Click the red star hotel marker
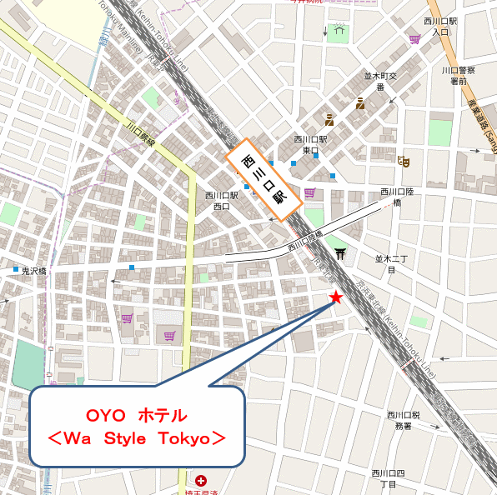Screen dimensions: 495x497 coord(336,297)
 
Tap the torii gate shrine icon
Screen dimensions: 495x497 coord(339,252)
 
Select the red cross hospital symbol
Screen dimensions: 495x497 coord(201,481)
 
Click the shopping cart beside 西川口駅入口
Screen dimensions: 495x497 coord(414,38)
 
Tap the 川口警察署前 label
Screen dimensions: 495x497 coord(458,76)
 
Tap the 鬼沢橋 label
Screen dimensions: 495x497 coord(38,271)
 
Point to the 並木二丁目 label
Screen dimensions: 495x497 coord(390,264)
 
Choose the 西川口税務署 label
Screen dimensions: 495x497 coord(404,420)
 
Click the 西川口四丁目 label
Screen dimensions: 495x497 coord(389,478)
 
